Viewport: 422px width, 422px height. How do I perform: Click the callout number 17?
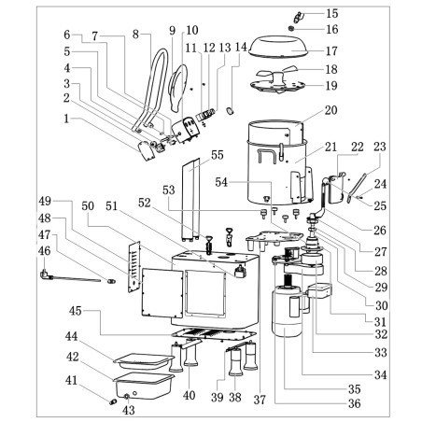tap(331, 51)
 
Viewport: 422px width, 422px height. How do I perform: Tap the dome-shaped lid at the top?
tap(279, 47)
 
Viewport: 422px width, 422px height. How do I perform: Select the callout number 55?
tap(218, 155)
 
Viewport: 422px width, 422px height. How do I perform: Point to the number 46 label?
tap(45, 250)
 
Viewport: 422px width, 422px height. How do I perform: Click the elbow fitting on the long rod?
tap(45, 275)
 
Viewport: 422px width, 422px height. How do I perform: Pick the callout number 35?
tap(354, 389)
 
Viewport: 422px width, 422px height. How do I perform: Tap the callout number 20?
tap(331, 110)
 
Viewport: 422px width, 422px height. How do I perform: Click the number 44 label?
tap(72, 336)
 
